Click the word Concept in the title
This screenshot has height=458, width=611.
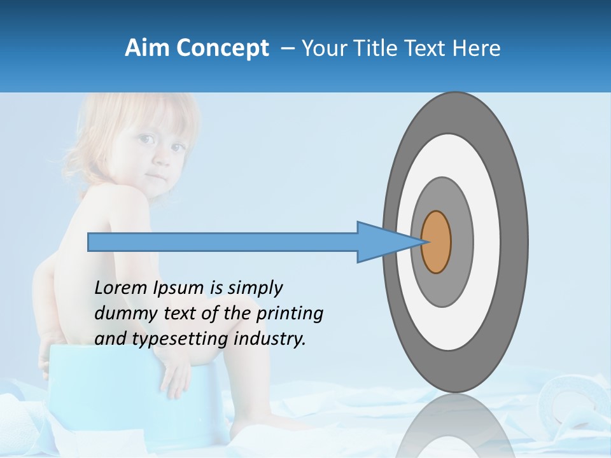[x=221, y=49]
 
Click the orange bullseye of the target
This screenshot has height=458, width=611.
[x=436, y=242]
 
